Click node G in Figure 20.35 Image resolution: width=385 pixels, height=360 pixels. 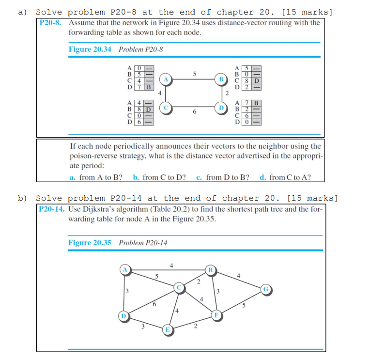tap(265, 290)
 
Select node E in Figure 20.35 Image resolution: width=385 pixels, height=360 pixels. tap(168, 330)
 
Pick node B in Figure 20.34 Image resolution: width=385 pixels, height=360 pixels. tap(221, 78)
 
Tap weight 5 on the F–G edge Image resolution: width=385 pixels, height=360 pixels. tap(245, 306)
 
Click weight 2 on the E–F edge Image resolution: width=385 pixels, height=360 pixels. tap(195, 326)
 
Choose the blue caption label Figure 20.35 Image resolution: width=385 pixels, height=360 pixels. tap(90, 242)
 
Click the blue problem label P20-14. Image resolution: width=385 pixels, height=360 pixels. tap(52, 209)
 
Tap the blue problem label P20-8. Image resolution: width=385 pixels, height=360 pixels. tap(50, 23)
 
